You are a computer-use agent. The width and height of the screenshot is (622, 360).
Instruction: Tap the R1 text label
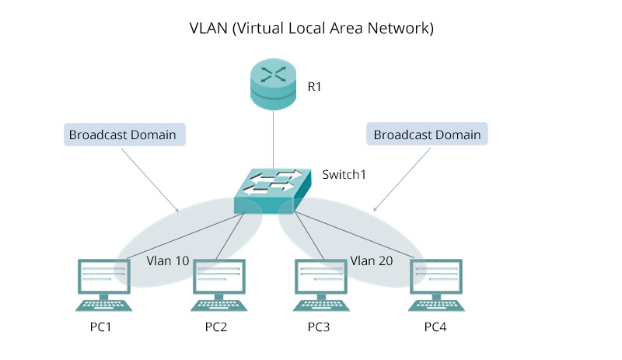pos(314,87)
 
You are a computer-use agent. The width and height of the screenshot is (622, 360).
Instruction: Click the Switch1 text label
pos(344,174)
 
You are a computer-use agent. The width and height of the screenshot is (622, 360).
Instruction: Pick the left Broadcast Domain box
pos(122,135)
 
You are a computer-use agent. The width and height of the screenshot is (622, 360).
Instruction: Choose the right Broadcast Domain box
pos(427,135)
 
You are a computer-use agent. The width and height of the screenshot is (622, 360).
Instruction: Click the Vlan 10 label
pos(168,261)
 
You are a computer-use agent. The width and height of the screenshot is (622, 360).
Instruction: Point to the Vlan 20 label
pos(371,261)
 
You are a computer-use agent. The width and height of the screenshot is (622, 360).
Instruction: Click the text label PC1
pos(101,327)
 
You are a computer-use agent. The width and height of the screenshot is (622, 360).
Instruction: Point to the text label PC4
pos(435,327)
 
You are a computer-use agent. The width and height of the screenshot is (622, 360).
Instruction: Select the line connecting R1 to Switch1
pos(274,138)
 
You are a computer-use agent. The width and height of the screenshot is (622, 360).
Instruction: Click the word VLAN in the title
pos(209,29)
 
